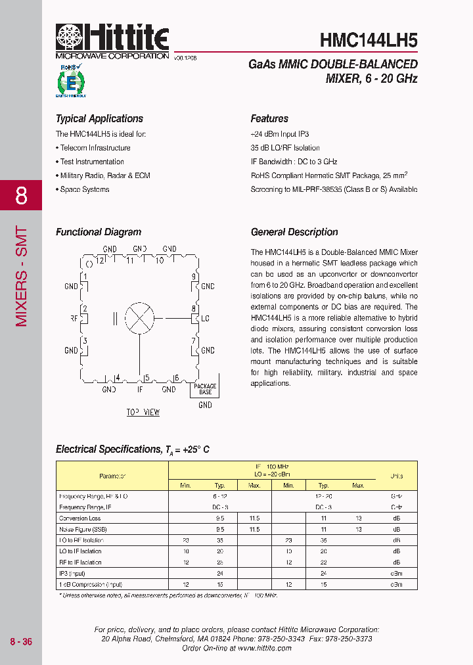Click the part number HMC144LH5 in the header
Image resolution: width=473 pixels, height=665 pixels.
point(369,40)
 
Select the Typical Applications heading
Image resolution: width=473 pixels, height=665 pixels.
point(99,119)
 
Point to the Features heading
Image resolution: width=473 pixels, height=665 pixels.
point(269,119)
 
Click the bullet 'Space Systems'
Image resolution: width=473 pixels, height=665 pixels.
point(85,189)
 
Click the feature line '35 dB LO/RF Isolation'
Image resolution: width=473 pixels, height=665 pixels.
point(285,148)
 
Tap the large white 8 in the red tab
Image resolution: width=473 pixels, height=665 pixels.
point(21,196)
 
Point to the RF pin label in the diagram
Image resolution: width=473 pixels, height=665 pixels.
point(74,319)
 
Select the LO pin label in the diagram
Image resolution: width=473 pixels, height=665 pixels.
point(204,319)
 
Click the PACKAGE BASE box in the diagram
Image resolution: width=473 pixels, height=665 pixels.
point(205,388)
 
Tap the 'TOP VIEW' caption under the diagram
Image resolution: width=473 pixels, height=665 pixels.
point(143,412)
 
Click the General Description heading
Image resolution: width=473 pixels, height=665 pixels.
point(294,232)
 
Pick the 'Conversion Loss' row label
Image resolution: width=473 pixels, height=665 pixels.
point(79,518)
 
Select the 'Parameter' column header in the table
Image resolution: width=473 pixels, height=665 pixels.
point(112,476)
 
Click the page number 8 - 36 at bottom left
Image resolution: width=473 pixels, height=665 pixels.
point(21,642)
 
